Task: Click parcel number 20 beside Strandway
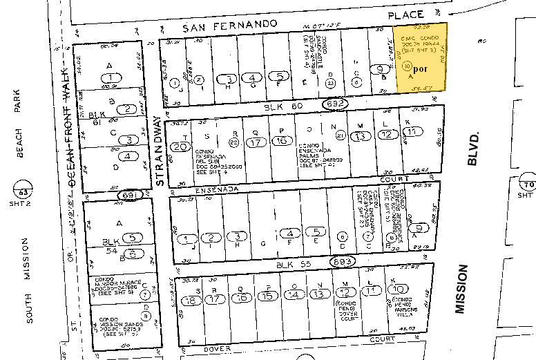click(181, 146)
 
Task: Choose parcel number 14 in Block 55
click(294, 294)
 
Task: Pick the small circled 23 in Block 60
click(331, 82)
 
